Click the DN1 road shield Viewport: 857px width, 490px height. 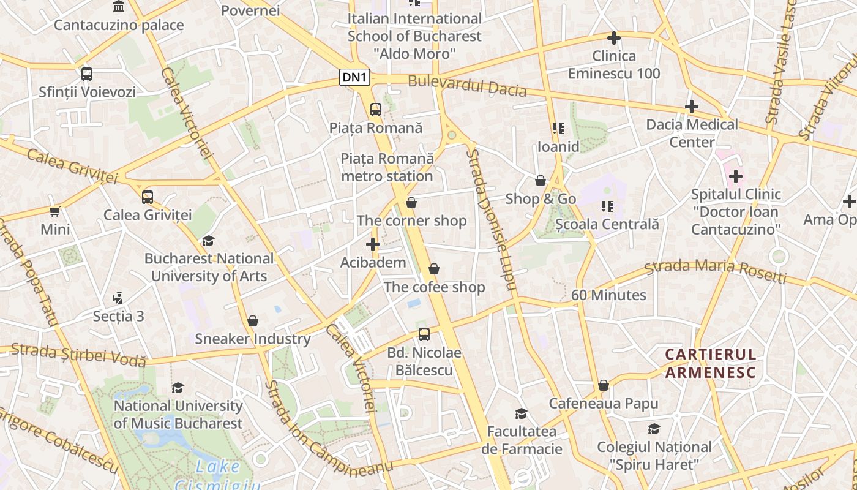tap(355, 77)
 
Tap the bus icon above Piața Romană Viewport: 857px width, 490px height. tap(375, 110)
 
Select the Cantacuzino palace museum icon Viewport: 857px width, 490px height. tap(119, 7)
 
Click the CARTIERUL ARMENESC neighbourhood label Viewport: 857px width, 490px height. tap(711, 363)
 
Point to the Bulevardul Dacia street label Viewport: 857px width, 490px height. tap(467, 86)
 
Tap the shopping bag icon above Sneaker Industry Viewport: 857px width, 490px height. tap(252, 321)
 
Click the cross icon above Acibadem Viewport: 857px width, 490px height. tap(372, 244)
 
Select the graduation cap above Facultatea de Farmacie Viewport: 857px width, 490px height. tap(521, 413)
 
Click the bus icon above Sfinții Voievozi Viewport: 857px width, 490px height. tap(87, 74)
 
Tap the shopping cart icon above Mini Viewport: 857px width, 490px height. tap(55, 212)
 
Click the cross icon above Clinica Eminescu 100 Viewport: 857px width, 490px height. tap(613, 38)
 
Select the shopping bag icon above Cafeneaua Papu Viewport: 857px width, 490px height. tap(603, 385)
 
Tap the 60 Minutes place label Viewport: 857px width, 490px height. tap(608, 295)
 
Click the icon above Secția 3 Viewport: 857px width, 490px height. tap(118, 298)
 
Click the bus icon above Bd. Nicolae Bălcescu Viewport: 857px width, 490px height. tap(424, 334)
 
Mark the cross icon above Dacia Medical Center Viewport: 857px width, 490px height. tap(691, 107)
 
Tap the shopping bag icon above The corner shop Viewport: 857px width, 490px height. tap(411, 203)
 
